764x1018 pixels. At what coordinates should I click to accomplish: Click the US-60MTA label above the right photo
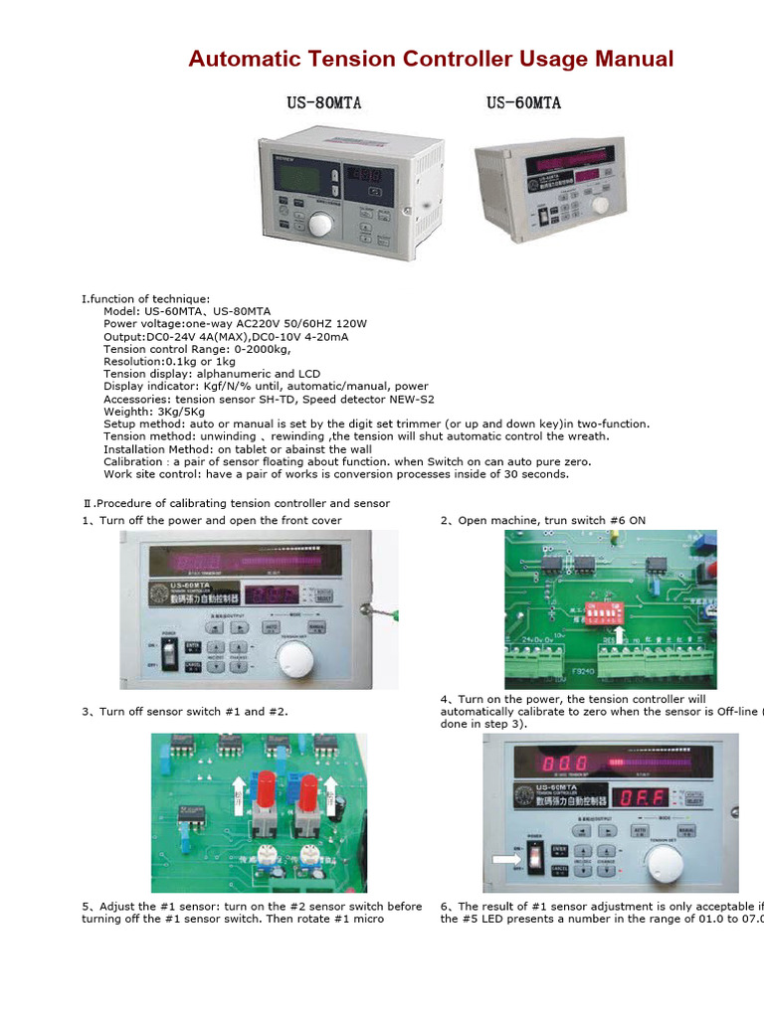[x=523, y=103]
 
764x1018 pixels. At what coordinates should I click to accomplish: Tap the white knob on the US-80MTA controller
[x=320, y=224]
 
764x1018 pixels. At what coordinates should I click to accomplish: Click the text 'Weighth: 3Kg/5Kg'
[x=154, y=412]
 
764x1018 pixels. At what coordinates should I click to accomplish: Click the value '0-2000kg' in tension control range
[x=261, y=349]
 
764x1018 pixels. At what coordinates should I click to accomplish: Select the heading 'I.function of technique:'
[x=145, y=299]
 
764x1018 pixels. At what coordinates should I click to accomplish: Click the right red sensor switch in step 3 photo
[x=308, y=792]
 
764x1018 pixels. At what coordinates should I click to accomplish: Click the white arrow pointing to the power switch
[x=505, y=858]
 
